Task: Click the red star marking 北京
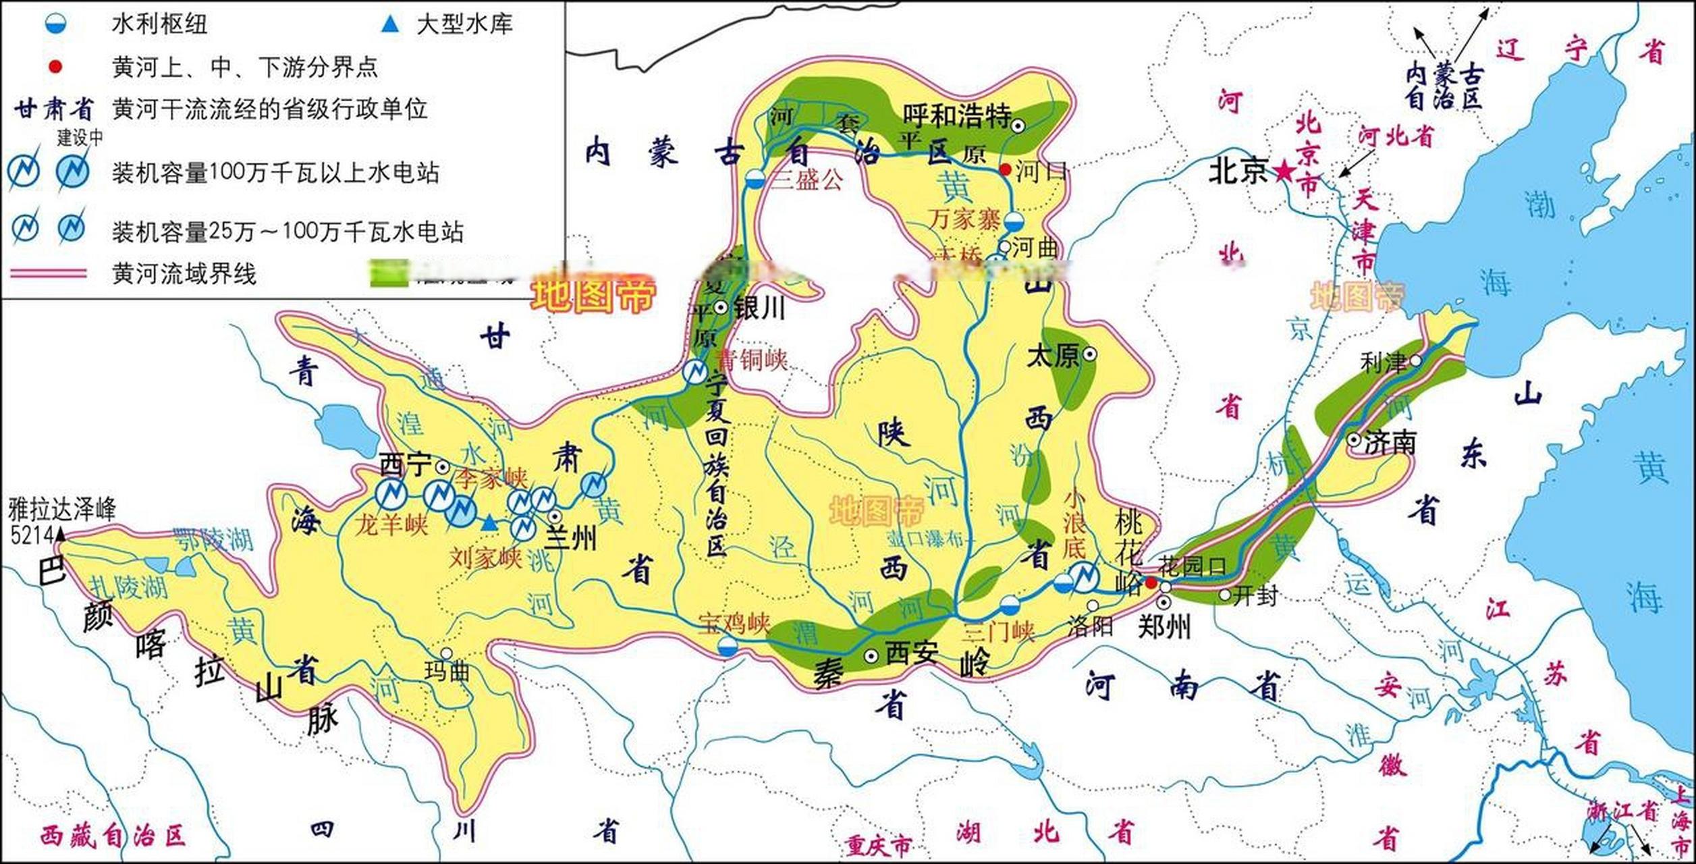1284,171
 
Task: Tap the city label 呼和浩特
957,116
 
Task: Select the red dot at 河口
1005,169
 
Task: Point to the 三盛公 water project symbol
755,180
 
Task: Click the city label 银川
759,308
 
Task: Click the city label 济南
1390,443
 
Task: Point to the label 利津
1384,364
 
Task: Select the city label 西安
911,653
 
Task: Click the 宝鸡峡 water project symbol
727,647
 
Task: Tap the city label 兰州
571,539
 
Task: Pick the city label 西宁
406,465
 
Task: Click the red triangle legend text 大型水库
464,25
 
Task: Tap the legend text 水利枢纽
159,25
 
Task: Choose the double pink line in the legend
49,273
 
